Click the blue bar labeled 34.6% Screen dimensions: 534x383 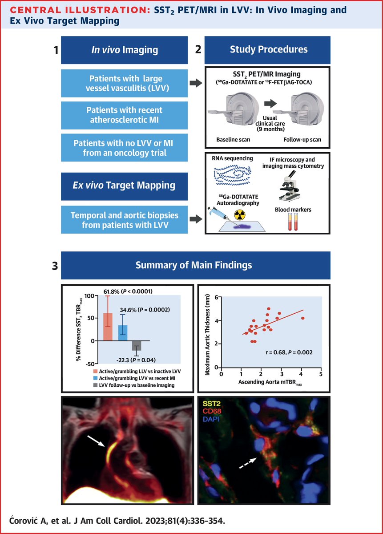122,333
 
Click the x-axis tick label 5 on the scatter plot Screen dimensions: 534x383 321,375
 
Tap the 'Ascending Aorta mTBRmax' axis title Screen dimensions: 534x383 270,383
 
